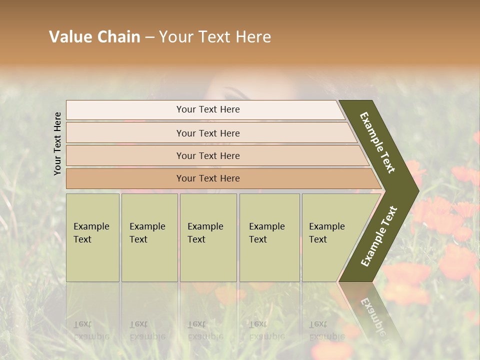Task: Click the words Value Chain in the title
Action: (94, 37)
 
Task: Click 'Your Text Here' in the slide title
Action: (215, 37)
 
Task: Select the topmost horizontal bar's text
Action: (208, 109)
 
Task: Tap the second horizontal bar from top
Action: (208, 133)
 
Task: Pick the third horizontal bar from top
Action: (208, 155)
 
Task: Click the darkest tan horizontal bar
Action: (208, 178)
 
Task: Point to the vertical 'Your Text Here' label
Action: (57, 143)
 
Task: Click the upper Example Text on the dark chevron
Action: (378, 142)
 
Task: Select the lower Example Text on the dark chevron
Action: (379, 236)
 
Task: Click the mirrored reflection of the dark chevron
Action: (370, 310)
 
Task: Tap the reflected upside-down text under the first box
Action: (91, 330)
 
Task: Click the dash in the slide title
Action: (149, 37)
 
